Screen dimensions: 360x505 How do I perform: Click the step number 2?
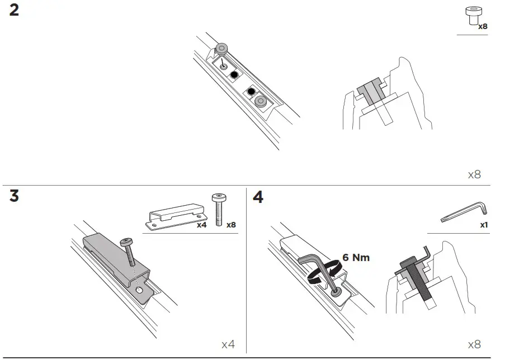pyautogui.click(x=14, y=11)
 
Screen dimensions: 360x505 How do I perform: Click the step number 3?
pyautogui.click(x=14, y=197)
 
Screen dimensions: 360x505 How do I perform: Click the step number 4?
pyautogui.click(x=258, y=197)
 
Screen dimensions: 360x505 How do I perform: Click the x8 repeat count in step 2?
pyautogui.click(x=474, y=175)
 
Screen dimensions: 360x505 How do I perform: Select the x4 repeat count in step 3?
pyautogui.click(x=228, y=344)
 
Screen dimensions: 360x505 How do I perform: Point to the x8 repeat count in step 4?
pyautogui.click(x=474, y=344)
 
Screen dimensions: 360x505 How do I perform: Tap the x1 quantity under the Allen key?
pyautogui.click(x=484, y=225)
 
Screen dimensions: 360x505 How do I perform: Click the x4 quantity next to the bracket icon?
pyautogui.click(x=202, y=225)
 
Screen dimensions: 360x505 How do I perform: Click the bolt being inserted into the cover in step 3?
pyautogui.click(x=130, y=252)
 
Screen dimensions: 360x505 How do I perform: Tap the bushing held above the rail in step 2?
pyautogui.click(x=223, y=50)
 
